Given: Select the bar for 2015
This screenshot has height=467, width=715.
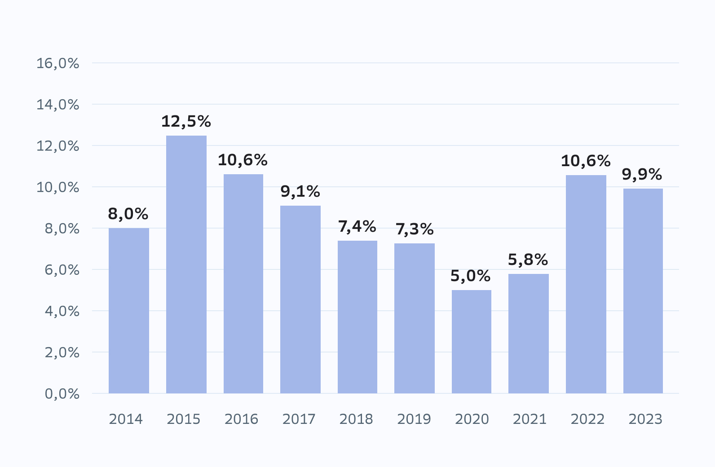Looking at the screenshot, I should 186,264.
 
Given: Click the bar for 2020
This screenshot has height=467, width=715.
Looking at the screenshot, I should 472,342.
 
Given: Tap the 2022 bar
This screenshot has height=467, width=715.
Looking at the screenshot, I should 586,284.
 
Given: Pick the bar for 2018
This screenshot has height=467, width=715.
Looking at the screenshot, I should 357,317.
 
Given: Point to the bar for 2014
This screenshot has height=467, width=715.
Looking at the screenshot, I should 129,311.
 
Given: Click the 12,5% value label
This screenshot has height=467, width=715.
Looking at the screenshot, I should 186,121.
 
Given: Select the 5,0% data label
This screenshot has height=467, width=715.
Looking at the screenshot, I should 470,276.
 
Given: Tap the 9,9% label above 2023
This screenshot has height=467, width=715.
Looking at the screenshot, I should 642,174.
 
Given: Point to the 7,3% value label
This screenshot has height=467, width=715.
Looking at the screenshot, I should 415,229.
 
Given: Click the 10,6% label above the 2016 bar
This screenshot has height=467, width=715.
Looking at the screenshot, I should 243,160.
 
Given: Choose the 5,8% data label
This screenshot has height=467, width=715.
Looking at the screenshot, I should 528,260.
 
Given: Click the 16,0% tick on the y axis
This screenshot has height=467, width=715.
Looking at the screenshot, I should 57,63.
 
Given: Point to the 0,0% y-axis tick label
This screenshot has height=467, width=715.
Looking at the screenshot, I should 62,394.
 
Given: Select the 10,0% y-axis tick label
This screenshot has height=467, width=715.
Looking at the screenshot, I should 57,187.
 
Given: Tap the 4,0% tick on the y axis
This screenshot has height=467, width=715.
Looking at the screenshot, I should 62,311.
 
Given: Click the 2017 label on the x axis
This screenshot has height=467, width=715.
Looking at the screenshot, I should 299,419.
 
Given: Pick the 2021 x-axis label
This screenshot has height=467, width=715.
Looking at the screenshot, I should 530,419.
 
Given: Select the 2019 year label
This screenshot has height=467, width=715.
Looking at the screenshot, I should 414,419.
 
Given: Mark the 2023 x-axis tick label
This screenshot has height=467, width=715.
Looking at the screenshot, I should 645,419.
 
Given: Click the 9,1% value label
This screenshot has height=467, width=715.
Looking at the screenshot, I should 300,191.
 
